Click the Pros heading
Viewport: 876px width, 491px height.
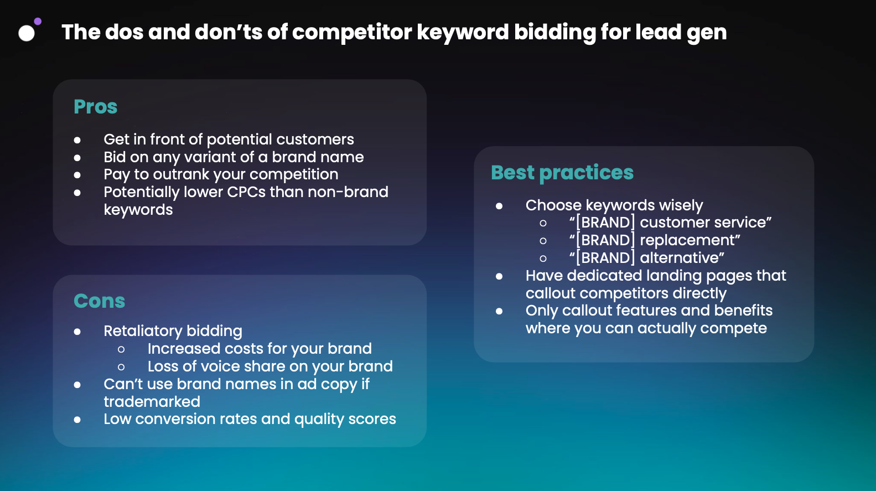[95, 107]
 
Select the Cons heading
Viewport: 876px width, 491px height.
[100, 301]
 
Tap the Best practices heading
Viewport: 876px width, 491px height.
[562, 173]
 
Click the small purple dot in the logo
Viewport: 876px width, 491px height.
[38, 21]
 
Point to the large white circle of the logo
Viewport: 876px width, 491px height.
[27, 33]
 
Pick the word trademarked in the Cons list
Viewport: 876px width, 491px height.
[152, 402]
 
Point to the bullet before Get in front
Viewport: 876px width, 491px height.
[77, 140]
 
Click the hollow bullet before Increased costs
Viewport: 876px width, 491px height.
[121, 349]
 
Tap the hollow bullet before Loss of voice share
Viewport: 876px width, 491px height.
[121, 367]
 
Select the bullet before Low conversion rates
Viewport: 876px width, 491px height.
[77, 420]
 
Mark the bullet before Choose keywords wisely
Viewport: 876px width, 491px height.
[499, 206]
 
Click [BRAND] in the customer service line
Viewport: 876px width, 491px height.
[605, 223]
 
